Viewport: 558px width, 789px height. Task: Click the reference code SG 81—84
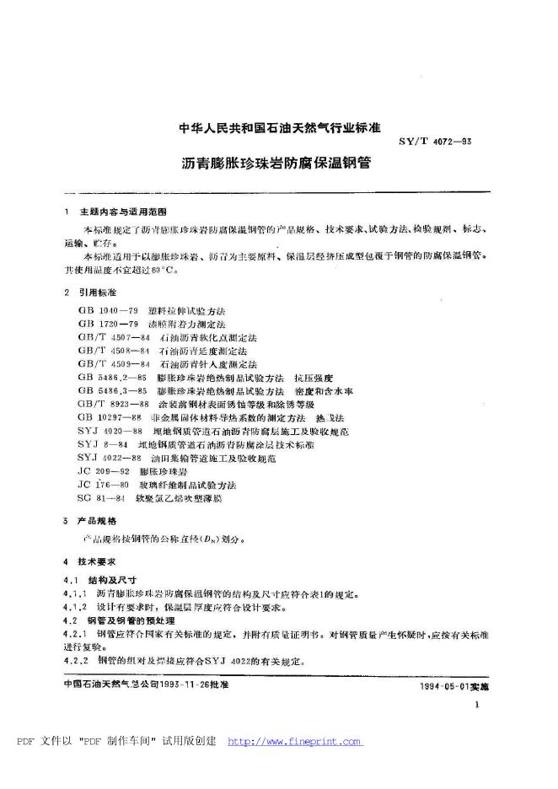[97, 498]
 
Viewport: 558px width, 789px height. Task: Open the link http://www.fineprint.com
[295, 743]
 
